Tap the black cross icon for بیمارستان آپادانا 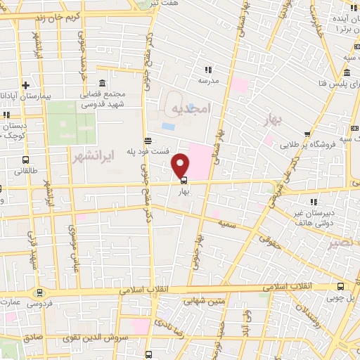pos(25,84)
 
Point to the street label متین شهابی pos(202,301)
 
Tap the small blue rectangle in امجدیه pos(169,127)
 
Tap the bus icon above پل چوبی pos(340,286)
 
